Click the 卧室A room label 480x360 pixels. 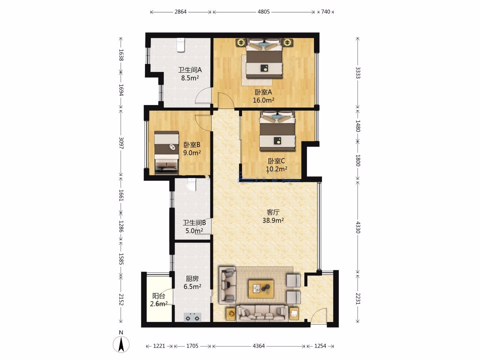[x=263, y=92]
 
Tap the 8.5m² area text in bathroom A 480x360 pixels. [x=190, y=78]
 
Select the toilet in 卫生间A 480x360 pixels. [x=181, y=45]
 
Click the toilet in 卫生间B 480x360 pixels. [x=192, y=184]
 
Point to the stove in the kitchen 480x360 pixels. [x=192, y=317]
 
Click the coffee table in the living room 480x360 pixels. [x=261, y=289]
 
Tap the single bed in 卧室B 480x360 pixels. [x=166, y=153]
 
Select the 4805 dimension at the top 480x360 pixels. [x=264, y=12]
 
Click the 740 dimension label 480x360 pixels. [x=326, y=12]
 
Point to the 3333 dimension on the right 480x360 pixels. [x=358, y=73]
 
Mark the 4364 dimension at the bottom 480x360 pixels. [x=259, y=346]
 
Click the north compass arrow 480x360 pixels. [x=121, y=344]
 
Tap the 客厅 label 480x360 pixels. [x=273, y=212]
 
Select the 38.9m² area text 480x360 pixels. [x=273, y=220]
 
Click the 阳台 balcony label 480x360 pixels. [x=159, y=296]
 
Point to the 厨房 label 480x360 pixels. [x=192, y=279]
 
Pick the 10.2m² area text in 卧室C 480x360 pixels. [x=276, y=169]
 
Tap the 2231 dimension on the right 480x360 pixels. [x=358, y=299]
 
